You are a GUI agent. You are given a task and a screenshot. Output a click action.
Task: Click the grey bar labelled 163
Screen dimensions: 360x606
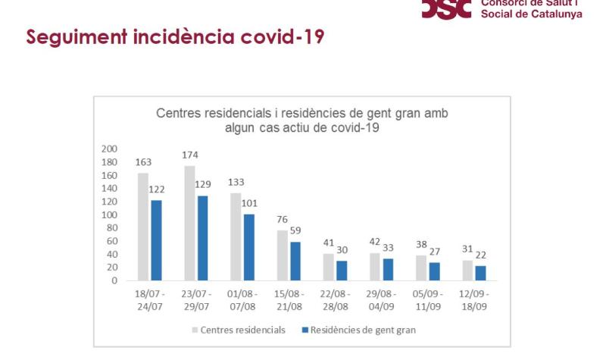(x=143, y=227)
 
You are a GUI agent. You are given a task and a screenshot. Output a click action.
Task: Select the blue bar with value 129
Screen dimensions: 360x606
(x=202, y=238)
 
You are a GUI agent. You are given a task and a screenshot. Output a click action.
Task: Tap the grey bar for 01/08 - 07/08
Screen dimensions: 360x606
(x=236, y=236)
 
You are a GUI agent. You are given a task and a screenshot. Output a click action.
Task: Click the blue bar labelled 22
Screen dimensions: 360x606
(x=480, y=273)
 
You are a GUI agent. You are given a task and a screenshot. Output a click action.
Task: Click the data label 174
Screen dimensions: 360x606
(x=190, y=155)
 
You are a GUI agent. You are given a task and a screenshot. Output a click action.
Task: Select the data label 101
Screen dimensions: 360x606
(x=249, y=202)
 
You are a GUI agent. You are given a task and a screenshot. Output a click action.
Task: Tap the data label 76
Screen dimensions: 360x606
(x=283, y=220)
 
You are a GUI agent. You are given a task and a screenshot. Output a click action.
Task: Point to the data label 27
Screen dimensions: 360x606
(x=434, y=251)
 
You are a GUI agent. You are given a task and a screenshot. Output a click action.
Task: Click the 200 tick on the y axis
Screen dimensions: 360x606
(x=109, y=149)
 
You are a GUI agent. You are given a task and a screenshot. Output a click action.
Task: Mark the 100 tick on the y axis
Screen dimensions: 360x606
(x=109, y=214)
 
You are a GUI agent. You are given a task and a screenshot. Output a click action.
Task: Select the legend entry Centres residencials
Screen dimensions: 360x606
(x=239, y=330)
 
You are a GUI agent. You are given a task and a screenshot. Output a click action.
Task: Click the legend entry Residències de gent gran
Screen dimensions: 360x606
(x=360, y=330)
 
